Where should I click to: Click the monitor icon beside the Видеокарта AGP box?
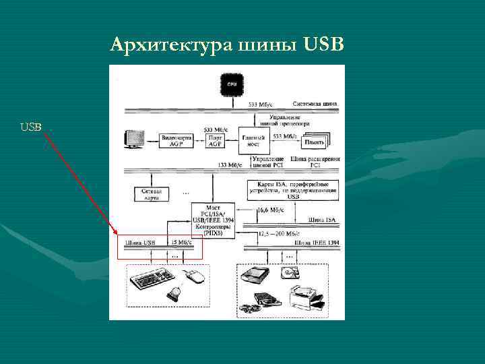click(x=134, y=139)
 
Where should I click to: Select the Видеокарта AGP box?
click(x=177, y=140)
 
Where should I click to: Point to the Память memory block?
click(x=313, y=141)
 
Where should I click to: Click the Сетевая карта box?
click(x=150, y=194)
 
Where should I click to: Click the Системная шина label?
click(x=315, y=104)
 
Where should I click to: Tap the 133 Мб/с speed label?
click(x=232, y=164)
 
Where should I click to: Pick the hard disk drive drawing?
click(x=292, y=272)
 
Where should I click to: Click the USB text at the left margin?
click(x=31, y=127)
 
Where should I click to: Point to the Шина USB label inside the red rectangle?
click(x=139, y=242)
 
